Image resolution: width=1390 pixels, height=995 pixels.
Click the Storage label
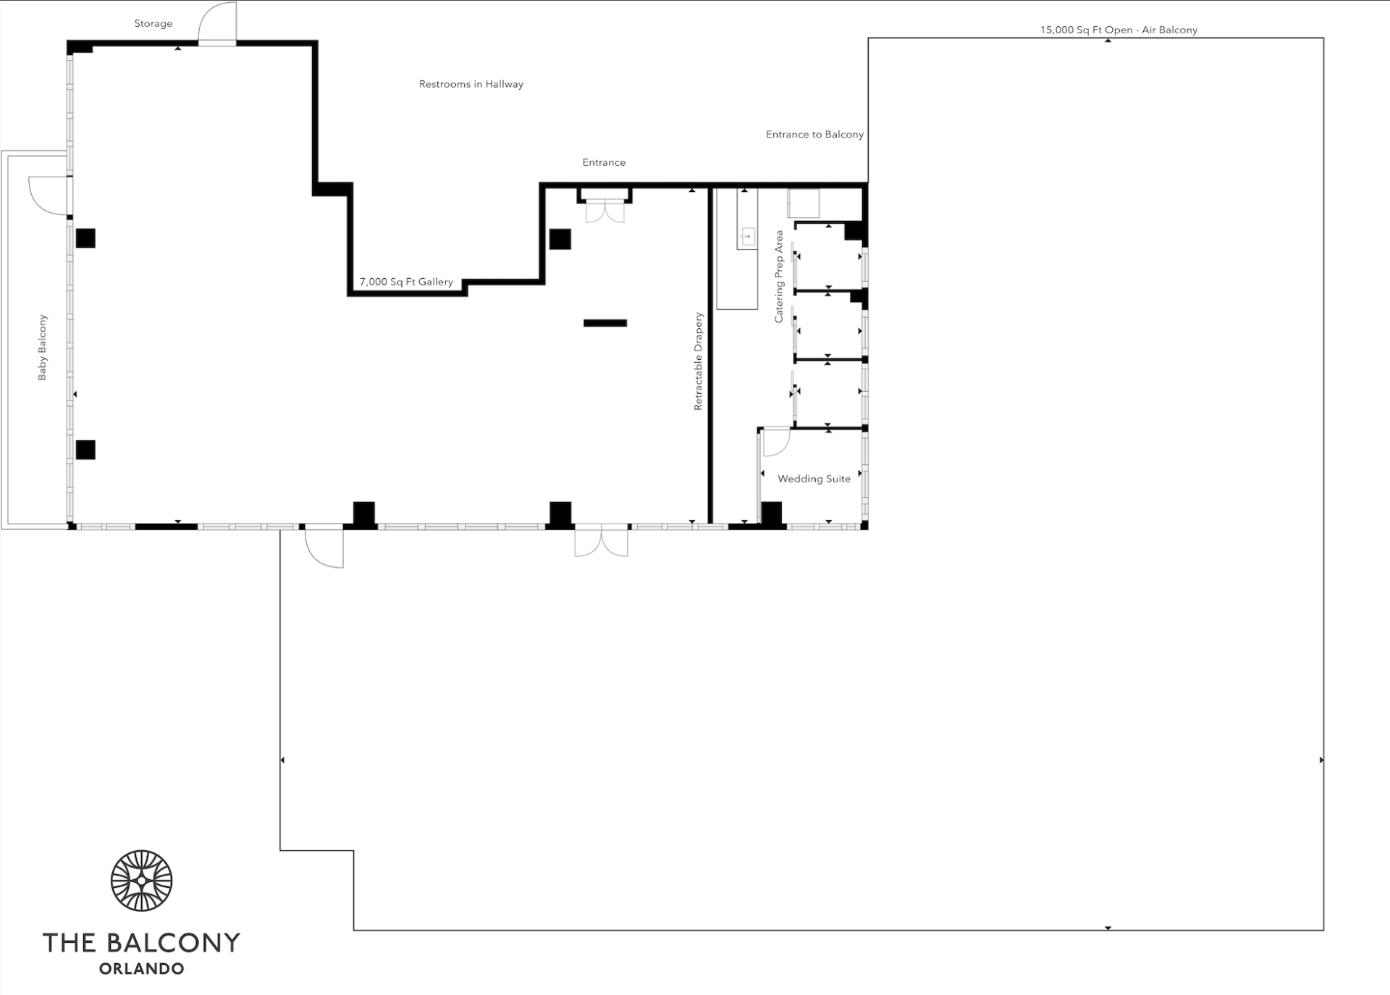point(153,24)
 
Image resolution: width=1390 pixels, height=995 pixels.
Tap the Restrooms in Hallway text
point(471,84)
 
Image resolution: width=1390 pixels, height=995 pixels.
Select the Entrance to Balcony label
point(814,135)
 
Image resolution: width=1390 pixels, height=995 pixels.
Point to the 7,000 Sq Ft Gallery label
point(406,282)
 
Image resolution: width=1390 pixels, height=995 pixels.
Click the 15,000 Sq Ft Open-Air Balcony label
point(1119,30)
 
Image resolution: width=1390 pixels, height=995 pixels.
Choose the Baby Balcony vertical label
point(42,348)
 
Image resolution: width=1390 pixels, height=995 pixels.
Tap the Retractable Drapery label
point(699,361)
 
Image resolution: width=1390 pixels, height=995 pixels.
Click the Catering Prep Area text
point(779,277)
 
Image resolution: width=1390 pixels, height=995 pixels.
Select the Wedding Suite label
point(814,479)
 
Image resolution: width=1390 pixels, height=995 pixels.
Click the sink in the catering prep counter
point(747,236)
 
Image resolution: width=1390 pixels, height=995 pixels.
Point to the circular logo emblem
point(142,881)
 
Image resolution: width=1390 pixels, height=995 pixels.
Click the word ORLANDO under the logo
point(142,969)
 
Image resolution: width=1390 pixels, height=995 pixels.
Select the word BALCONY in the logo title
point(174,943)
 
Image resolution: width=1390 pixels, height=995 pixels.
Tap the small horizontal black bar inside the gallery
point(605,323)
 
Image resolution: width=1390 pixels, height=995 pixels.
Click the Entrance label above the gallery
point(604,162)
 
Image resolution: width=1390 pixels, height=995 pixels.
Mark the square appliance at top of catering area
point(804,203)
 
